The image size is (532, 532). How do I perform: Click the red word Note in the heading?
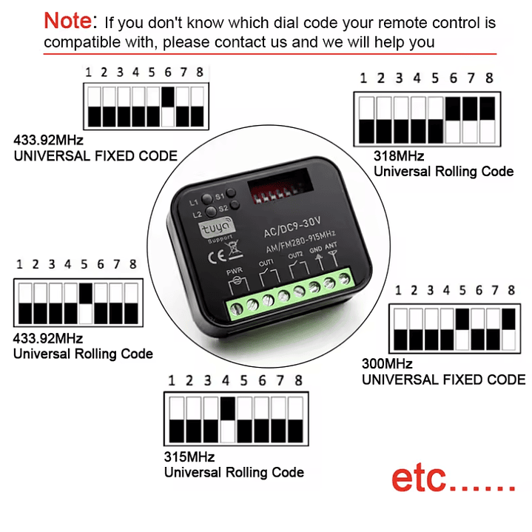pos(70,20)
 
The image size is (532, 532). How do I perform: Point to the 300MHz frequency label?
pos(386,364)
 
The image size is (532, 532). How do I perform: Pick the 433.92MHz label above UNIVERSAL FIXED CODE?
pos(48,140)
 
